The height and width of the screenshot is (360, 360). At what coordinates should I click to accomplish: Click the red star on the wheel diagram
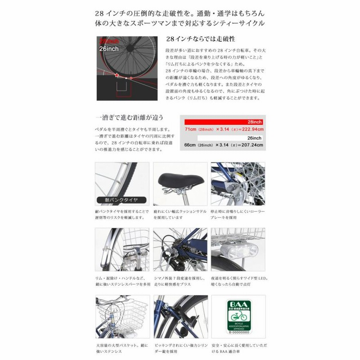[x=117, y=75]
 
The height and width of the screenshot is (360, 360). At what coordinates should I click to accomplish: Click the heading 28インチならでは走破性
[x=194, y=39]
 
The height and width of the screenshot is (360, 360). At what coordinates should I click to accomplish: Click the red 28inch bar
[x=222, y=122]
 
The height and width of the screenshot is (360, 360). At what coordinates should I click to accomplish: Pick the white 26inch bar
[x=222, y=138]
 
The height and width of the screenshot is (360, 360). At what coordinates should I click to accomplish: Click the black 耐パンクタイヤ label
[x=118, y=199]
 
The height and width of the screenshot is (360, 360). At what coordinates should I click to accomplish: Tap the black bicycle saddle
[x=180, y=179]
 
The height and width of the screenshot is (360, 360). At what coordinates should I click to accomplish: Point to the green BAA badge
[x=238, y=320]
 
